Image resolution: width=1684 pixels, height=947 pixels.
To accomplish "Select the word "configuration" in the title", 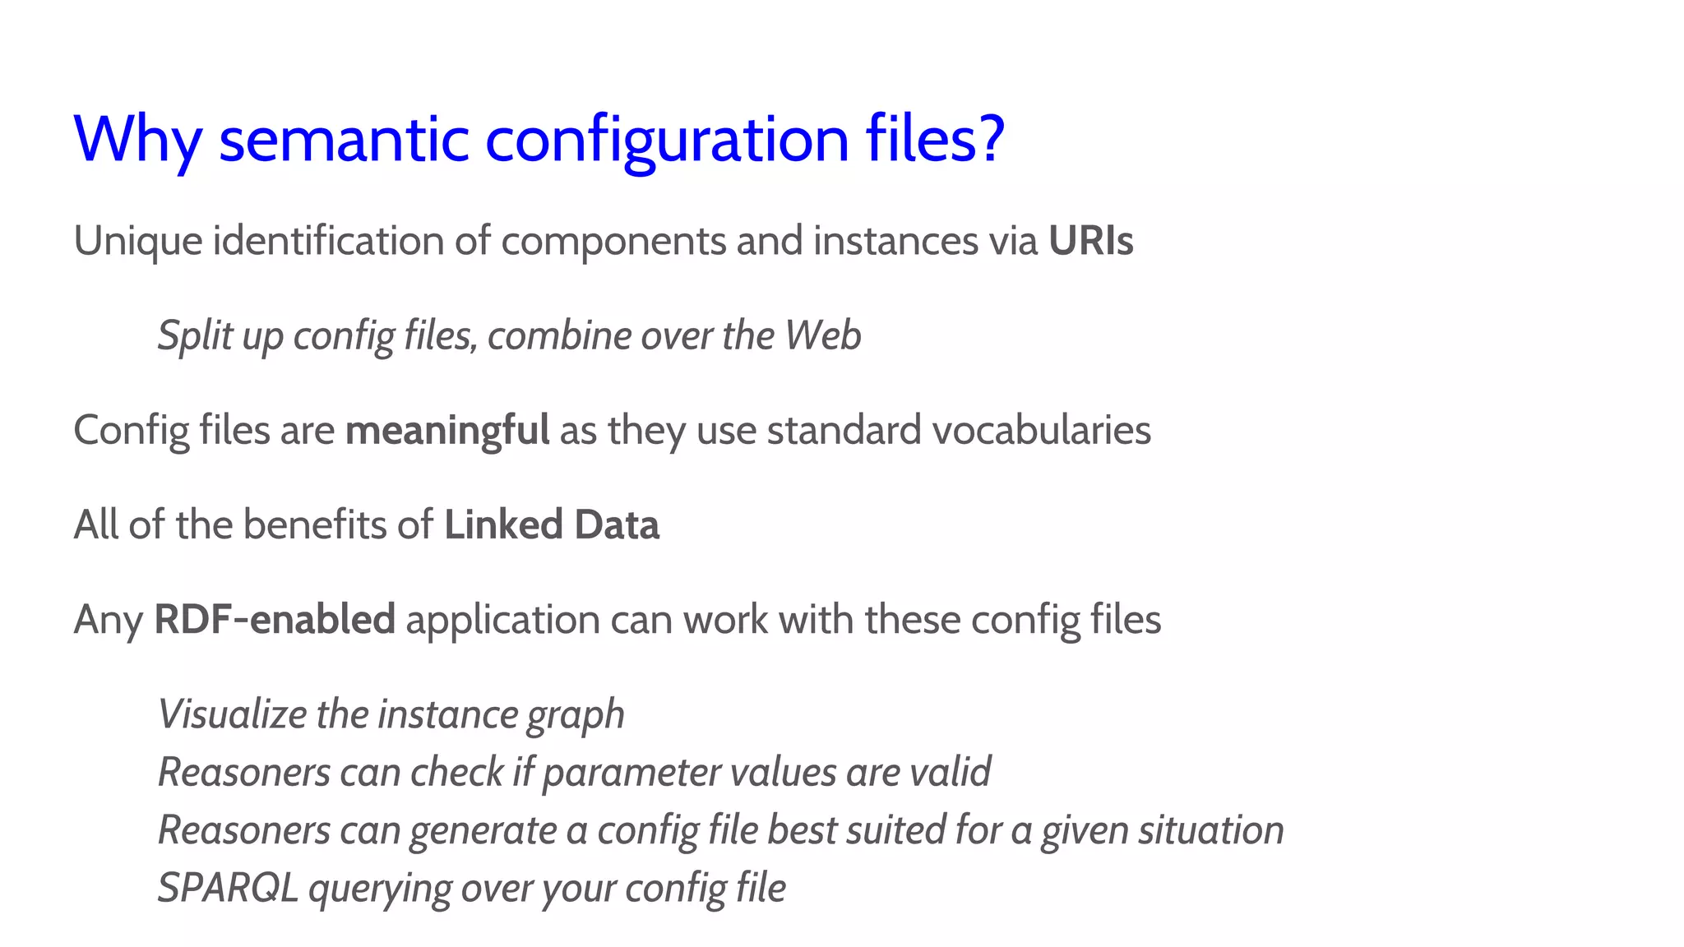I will click(x=667, y=140).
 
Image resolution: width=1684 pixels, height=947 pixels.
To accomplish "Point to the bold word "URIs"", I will click(x=1090, y=241).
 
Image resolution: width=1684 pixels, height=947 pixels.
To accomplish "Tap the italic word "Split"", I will click(x=195, y=336).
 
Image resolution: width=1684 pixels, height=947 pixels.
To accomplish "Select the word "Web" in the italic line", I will click(x=822, y=335).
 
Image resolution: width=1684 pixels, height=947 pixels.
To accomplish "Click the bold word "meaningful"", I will click(x=447, y=431).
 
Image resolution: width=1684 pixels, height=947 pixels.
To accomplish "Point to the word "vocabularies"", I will click(x=1041, y=430).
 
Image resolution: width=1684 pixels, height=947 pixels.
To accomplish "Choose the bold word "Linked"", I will click(x=503, y=525).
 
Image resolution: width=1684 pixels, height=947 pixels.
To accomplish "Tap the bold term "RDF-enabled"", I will click(x=275, y=620).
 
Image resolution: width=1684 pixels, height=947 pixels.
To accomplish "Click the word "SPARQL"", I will click(x=228, y=889).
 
